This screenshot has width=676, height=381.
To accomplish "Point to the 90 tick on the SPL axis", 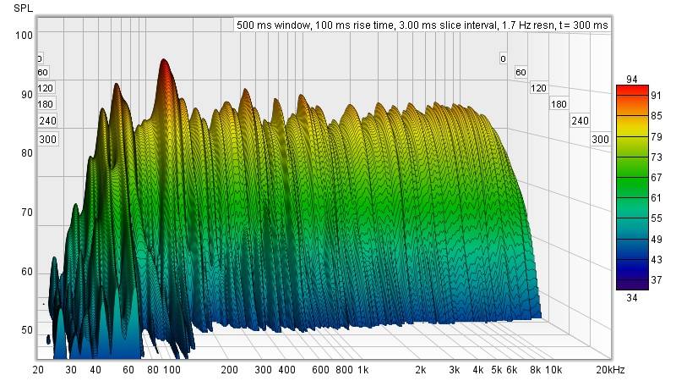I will [x=25, y=95].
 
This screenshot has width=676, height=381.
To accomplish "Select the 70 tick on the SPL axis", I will [x=25, y=213].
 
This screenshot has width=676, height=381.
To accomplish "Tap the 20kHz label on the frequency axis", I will [x=611, y=371].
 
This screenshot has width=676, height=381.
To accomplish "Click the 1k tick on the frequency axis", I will [x=363, y=371].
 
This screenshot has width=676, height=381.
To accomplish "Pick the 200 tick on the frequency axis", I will [x=229, y=371].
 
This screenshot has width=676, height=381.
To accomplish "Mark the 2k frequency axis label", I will [x=420, y=371].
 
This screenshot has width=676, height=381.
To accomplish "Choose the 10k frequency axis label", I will [x=553, y=371].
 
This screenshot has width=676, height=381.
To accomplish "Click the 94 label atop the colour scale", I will [x=632, y=80].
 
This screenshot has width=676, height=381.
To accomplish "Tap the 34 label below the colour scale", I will [x=632, y=297].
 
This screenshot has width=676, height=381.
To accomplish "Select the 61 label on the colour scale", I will [x=632, y=198].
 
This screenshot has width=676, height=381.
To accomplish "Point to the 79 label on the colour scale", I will [x=632, y=136].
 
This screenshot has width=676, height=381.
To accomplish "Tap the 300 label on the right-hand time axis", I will [x=600, y=139].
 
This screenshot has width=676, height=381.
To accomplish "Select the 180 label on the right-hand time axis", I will [x=559, y=104].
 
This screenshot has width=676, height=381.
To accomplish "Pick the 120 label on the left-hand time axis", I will [x=45, y=88].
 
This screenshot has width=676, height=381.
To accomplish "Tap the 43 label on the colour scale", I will [x=632, y=259].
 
